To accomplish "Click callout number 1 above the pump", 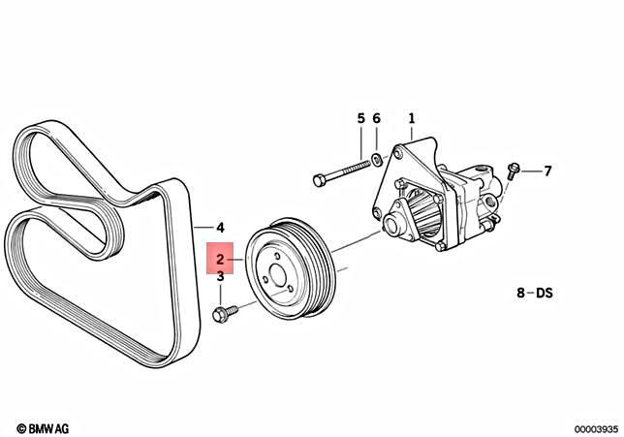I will click(411, 118).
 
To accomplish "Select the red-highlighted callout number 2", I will click(221, 259).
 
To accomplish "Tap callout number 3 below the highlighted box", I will click(221, 277).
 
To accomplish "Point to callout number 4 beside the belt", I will click(220, 227).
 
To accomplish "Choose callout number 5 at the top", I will click(360, 118).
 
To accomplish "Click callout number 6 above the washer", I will click(377, 118).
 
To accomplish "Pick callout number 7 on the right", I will click(546, 172).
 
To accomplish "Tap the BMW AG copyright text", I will click(42, 426).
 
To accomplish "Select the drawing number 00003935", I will click(590, 426).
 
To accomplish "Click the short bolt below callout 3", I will click(224, 314).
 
